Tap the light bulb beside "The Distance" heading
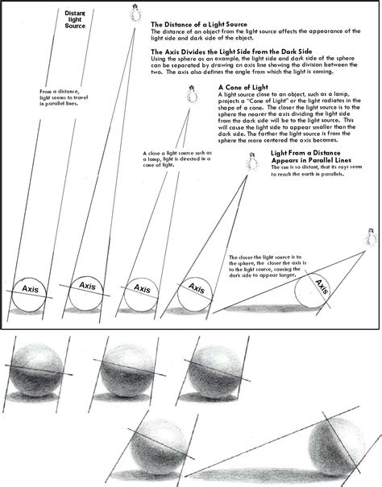135,13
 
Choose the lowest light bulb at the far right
372,238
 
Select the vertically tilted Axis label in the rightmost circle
323,287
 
